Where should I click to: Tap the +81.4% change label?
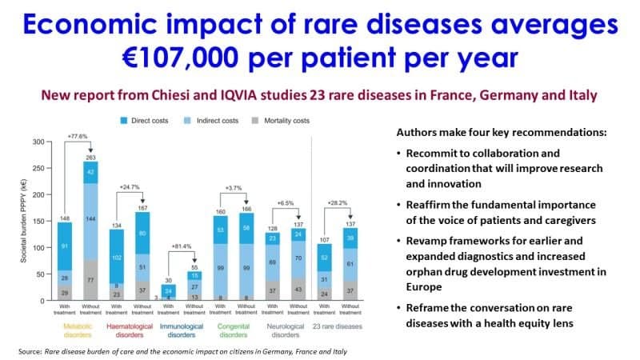pos(205,246)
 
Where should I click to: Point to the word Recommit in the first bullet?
pos(435,152)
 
